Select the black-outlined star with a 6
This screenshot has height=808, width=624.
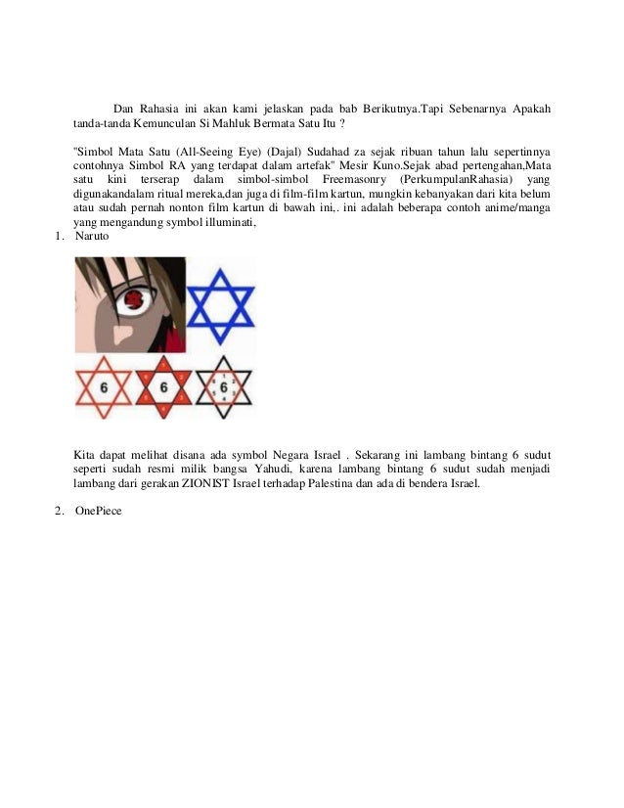(224, 387)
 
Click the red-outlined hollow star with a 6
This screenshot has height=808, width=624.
(104, 387)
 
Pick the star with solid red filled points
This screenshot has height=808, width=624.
(163, 387)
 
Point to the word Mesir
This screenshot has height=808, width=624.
(356, 166)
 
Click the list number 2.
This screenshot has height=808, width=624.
(59, 510)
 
